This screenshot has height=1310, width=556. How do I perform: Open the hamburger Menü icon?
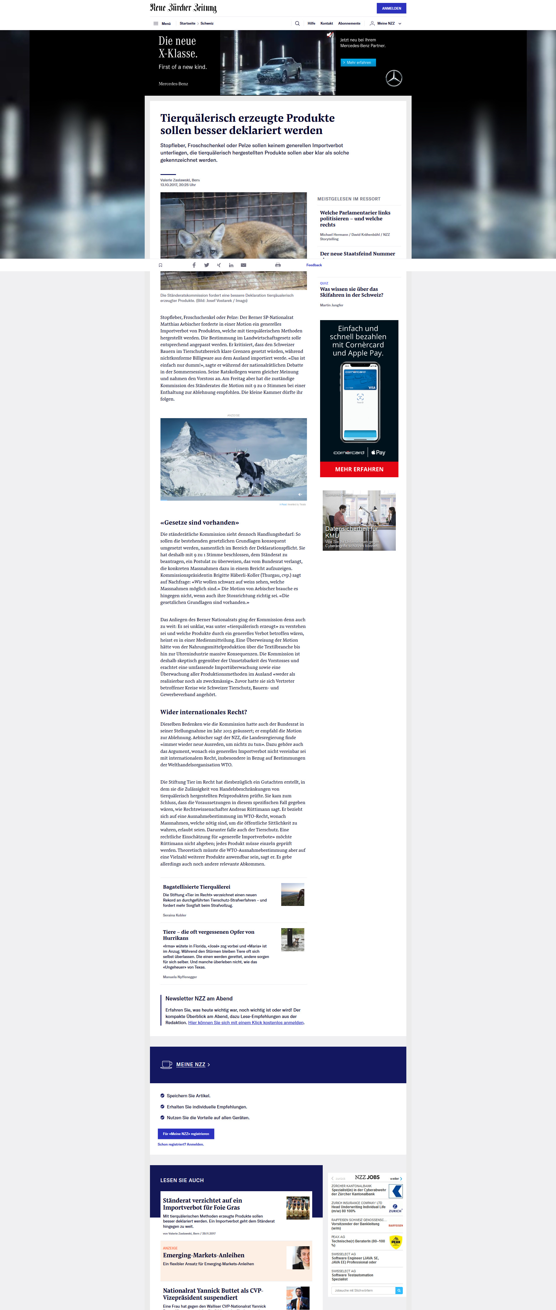(x=156, y=23)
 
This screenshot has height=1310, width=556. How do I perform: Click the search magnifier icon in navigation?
(x=297, y=23)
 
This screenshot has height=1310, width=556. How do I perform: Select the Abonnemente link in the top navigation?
(x=349, y=23)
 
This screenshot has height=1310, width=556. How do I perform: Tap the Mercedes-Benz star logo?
(x=394, y=78)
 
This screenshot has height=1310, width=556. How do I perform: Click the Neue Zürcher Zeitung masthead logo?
(x=183, y=8)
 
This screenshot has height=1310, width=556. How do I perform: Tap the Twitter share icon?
(x=206, y=265)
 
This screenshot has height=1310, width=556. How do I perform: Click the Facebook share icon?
(x=194, y=265)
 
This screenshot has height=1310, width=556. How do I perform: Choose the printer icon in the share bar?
(x=277, y=265)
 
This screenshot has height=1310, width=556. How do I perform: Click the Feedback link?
(x=314, y=265)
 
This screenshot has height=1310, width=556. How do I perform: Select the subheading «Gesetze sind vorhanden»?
(x=199, y=522)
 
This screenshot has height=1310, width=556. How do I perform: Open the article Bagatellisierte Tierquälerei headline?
(x=196, y=887)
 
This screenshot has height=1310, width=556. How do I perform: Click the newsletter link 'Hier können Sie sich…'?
(x=246, y=1023)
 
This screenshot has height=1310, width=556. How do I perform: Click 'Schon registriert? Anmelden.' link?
(x=180, y=1144)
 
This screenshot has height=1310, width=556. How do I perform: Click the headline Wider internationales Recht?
(x=203, y=712)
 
